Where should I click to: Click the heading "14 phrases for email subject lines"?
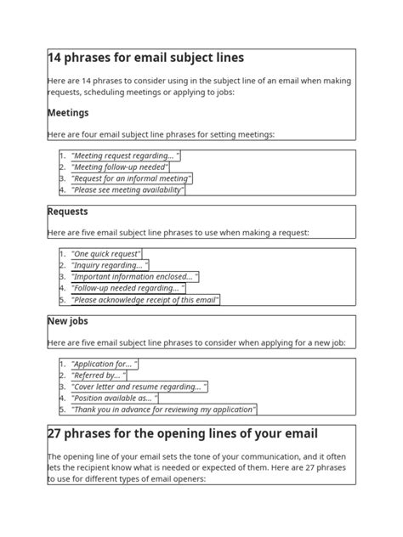146,58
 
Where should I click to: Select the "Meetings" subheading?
68,112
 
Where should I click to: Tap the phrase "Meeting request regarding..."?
125,155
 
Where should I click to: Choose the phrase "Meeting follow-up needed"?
120,167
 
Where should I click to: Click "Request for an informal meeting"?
131,178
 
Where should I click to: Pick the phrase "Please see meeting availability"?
128,190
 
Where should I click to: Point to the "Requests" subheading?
68,212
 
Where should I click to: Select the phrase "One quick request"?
106,254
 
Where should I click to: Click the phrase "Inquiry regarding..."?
111,265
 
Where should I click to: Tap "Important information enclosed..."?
134,277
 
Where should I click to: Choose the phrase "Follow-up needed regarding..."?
128,288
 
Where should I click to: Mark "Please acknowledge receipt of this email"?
145,300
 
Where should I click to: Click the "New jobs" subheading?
68,321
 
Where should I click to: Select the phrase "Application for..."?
105,364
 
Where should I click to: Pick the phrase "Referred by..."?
99,375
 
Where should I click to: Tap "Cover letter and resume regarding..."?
139,387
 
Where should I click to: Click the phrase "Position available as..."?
114,398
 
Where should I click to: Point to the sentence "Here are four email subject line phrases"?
162,134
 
